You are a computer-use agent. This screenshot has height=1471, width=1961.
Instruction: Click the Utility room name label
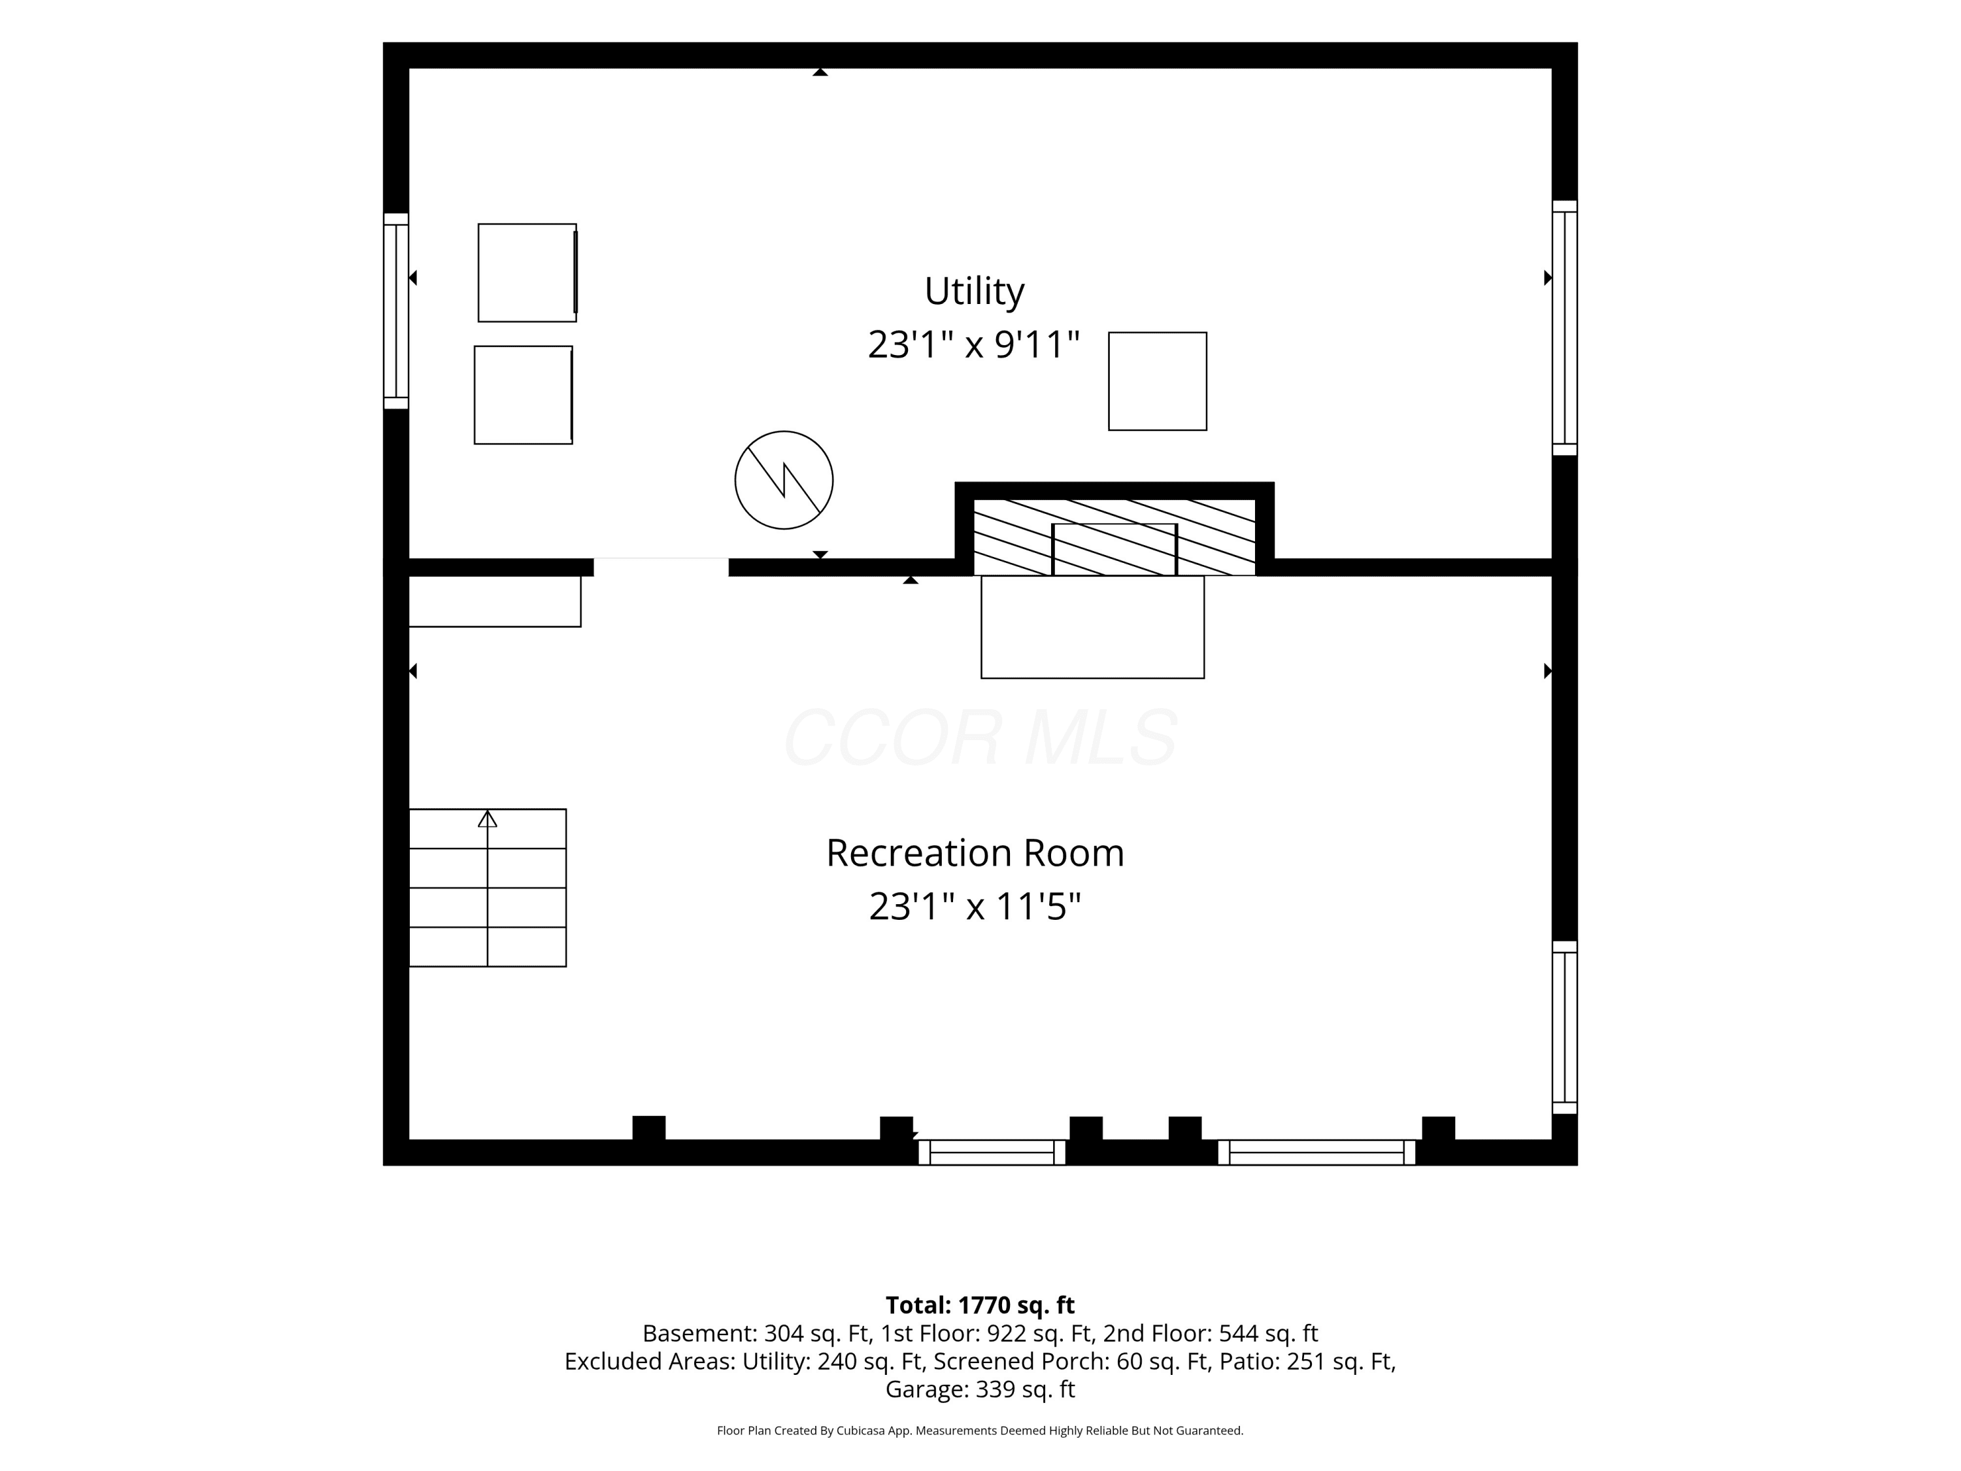(975, 292)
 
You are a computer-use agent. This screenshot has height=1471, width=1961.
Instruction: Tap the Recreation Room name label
(975, 853)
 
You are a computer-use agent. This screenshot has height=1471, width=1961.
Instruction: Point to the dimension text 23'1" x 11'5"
(975, 907)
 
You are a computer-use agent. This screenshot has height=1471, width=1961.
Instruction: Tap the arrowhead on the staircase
(488, 819)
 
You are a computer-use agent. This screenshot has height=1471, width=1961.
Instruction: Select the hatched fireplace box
(1115, 537)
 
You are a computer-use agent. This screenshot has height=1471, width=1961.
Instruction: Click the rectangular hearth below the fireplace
(1092, 628)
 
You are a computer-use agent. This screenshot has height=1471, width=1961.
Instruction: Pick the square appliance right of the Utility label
(1158, 381)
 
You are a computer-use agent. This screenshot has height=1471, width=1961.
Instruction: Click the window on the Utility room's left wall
(395, 311)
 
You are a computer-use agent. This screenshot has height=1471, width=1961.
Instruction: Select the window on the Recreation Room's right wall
(1565, 1028)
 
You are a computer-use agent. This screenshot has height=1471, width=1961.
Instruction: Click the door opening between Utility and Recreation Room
(662, 567)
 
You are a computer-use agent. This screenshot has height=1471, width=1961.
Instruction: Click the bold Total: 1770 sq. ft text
(980, 1305)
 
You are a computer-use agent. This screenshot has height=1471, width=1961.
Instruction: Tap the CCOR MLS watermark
(980, 737)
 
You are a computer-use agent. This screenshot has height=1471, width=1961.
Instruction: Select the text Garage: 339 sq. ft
(980, 1389)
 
